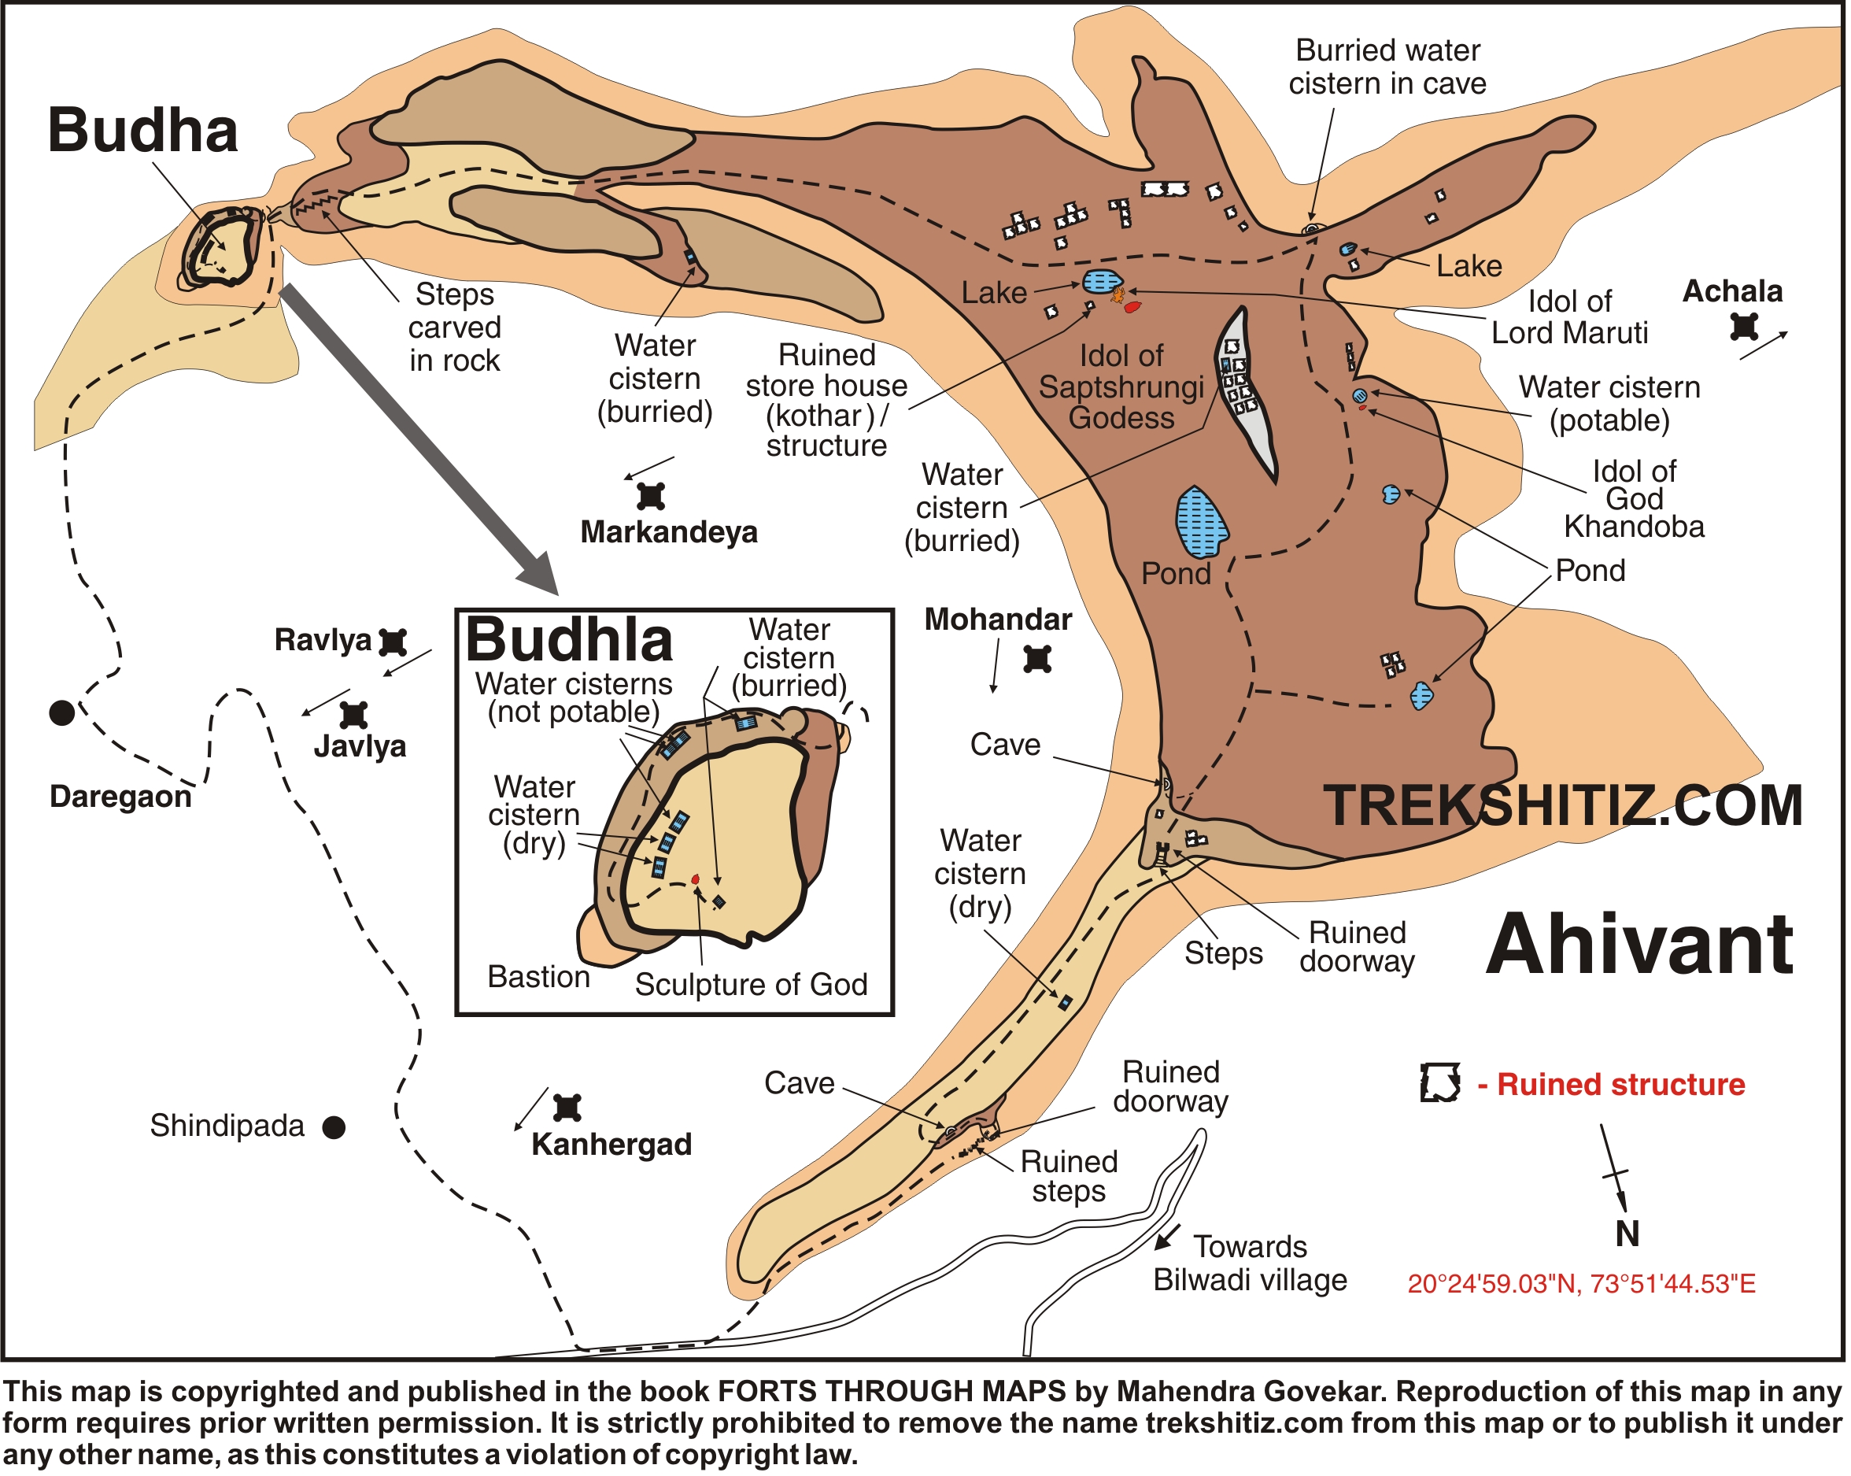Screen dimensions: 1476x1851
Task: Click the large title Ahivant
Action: (1640, 946)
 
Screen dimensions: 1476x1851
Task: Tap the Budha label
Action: (142, 131)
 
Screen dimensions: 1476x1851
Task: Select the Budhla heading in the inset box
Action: (569, 641)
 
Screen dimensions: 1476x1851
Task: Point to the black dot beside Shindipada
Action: (334, 1128)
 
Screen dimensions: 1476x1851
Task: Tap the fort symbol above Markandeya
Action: (652, 496)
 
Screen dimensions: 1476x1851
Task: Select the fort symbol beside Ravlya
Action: (393, 642)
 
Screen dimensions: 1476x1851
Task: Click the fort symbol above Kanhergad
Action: (567, 1108)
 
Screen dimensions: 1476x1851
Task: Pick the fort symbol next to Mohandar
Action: (1038, 660)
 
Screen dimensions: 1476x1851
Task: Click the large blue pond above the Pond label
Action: (1200, 523)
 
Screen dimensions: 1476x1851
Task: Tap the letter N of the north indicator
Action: (1627, 1234)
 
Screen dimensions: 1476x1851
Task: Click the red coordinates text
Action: (1581, 1285)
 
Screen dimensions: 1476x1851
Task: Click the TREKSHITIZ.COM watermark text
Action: (1562, 807)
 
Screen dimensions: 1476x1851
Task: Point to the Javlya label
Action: (360, 747)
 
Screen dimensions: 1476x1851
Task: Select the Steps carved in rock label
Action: (454, 328)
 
